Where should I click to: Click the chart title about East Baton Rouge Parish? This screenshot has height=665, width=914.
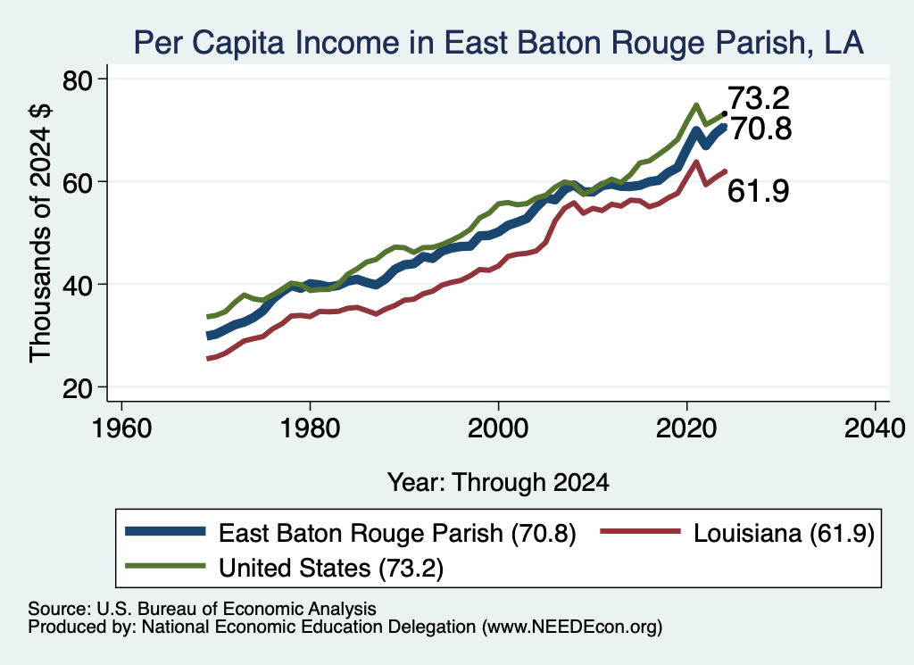pyautogui.click(x=498, y=43)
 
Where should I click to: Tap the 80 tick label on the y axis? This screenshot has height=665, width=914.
pyautogui.click(x=78, y=79)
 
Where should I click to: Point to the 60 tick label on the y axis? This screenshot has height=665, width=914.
pyautogui.click(x=78, y=182)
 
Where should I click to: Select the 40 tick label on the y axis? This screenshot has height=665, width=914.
pyautogui.click(x=78, y=285)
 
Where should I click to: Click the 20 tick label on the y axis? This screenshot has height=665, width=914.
pyautogui.click(x=78, y=387)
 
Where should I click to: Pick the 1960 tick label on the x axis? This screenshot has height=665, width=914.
pyautogui.click(x=121, y=429)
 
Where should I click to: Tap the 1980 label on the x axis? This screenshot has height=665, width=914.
pyautogui.click(x=310, y=429)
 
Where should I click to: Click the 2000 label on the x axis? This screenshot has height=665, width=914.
pyautogui.click(x=498, y=429)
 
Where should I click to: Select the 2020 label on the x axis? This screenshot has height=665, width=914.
pyautogui.click(x=686, y=429)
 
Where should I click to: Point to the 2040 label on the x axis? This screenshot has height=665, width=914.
pyautogui.click(x=875, y=429)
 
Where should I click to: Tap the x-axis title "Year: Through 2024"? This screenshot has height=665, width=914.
pyautogui.click(x=498, y=483)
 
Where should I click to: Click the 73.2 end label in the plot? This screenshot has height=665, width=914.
pyautogui.click(x=759, y=98)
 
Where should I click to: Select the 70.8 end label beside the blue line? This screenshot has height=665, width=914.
pyautogui.click(x=760, y=129)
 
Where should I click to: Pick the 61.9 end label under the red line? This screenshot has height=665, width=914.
pyautogui.click(x=759, y=191)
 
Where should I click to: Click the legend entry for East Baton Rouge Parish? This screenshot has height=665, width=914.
pyautogui.click(x=351, y=533)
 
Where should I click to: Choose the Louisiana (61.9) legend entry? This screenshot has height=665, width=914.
pyautogui.click(x=737, y=533)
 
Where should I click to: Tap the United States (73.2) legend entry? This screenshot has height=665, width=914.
pyautogui.click(x=285, y=568)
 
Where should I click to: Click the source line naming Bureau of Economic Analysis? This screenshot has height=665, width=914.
pyautogui.click(x=202, y=609)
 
